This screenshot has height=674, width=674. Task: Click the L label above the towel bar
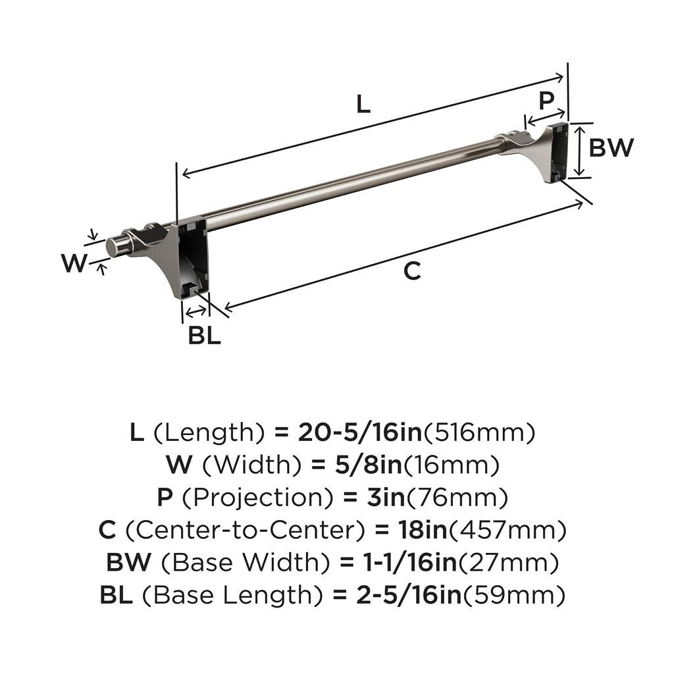point(363,104)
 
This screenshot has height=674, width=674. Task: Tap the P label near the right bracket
point(546,101)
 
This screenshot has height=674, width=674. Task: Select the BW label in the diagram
point(611,148)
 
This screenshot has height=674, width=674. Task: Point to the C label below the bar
point(412,271)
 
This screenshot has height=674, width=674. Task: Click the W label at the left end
point(74,263)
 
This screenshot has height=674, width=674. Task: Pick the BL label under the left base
point(204,336)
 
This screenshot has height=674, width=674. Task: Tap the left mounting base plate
point(192,257)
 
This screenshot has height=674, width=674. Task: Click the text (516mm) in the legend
point(479,432)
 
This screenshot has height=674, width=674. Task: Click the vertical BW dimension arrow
point(578,151)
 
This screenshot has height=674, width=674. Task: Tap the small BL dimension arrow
point(196,311)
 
